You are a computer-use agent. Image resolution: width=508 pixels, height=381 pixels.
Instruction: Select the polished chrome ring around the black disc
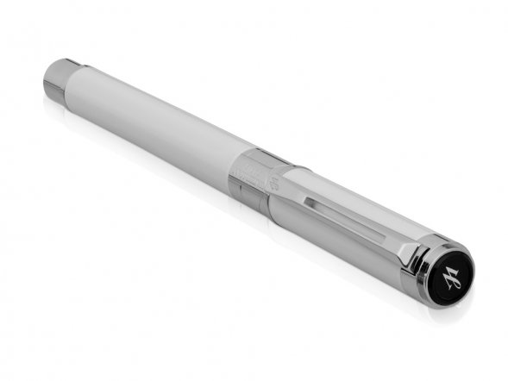(429, 277)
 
